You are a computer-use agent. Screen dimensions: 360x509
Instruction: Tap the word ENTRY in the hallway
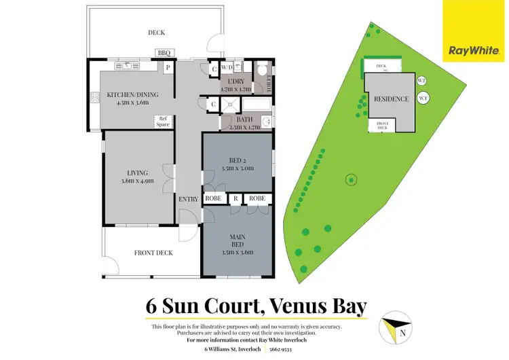[188, 198]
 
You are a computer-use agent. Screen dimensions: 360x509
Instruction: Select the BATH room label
[244, 120]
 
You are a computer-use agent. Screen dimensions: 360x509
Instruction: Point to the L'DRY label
[235, 82]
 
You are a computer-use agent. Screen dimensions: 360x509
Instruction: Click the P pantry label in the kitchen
[167, 67]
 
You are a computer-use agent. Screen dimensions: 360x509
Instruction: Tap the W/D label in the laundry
[227, 67]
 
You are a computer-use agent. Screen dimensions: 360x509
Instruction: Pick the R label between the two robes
[235, 198]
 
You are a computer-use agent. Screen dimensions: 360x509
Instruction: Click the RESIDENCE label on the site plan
[392, 99]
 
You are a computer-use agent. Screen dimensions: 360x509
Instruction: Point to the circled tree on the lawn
[351, 180]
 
